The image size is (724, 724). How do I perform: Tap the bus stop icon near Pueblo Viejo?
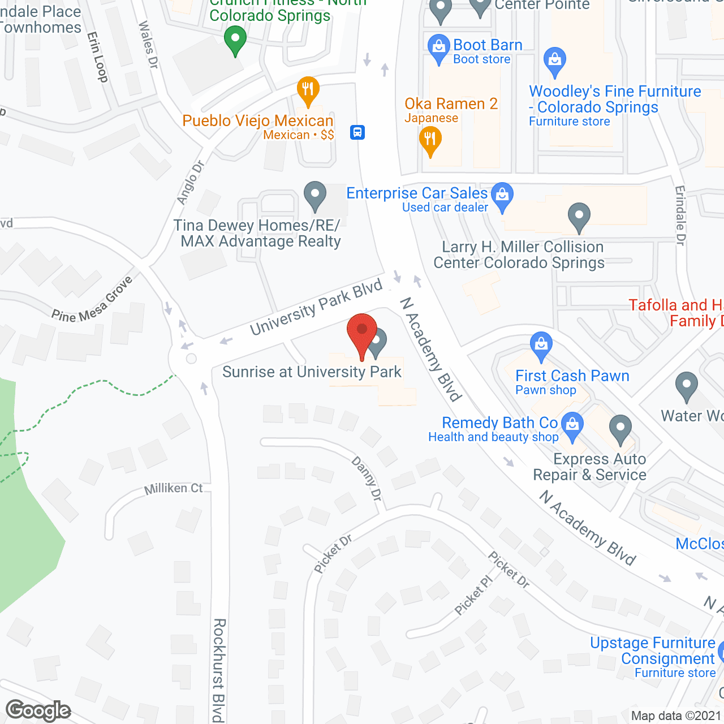pyautogui.click(x=357, y=132)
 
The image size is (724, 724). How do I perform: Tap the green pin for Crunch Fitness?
pyautogui.click(x=235, y=40)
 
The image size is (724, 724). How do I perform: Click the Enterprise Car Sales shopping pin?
pyautogui.click(x=502, y=195)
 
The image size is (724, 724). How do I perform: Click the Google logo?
pyautogui.click(x=38, y=710)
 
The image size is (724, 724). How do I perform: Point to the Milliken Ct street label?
pyautogui.click(x=173, y=489)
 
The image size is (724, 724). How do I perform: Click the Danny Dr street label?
pyautogui.click(x=367, y=479)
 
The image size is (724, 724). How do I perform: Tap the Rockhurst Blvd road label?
pyautogui.click(x=219, y=670)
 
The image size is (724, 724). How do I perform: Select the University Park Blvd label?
pyautogui.click(x=316, y=308)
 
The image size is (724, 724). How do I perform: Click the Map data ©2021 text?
pyautogui.click(x=676, y=716)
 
